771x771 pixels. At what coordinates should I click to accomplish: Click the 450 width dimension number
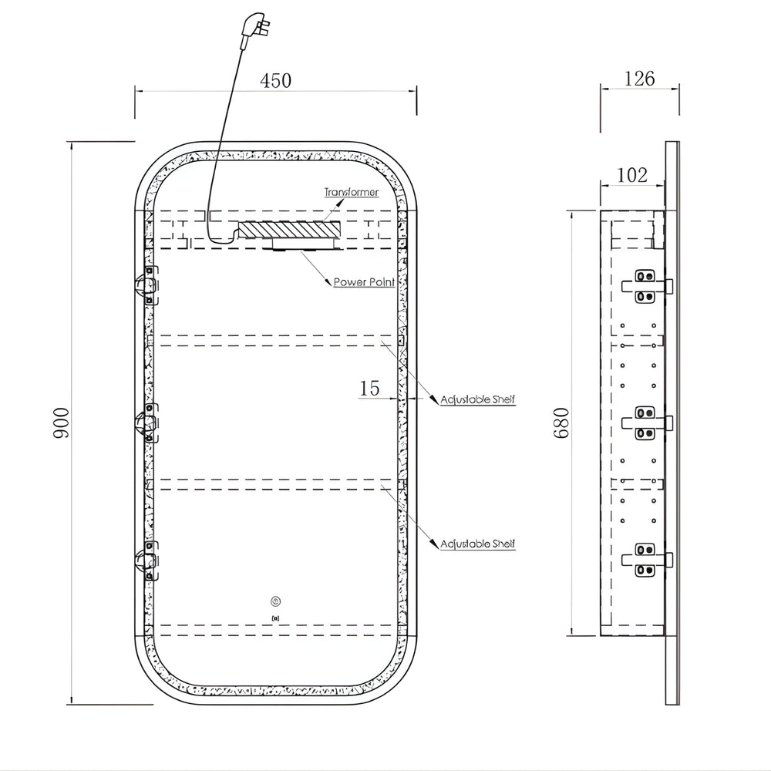point(275,81)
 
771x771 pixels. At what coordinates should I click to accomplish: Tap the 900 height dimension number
point(62,423)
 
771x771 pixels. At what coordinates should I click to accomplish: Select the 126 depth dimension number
point(639,79)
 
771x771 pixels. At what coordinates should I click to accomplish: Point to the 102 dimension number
point(632,175)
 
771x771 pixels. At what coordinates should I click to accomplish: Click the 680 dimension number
point(561,423)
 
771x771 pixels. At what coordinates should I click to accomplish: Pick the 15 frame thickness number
point(369,389)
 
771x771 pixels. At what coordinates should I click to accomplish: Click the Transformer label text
point(351,192)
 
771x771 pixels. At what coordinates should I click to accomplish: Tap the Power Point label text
point(365,282)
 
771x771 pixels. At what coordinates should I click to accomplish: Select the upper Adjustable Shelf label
point(477,399)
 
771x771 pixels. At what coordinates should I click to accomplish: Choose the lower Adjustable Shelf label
point(477,544)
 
